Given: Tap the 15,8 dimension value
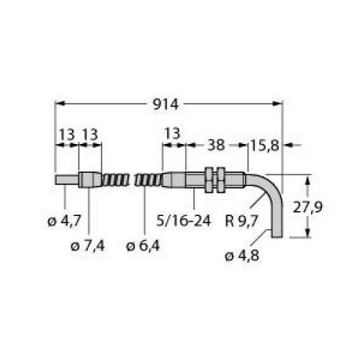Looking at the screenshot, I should (263, 145).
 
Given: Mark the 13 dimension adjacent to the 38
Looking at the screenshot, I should (173, 134).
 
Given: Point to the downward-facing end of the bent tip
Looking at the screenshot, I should (278, 235).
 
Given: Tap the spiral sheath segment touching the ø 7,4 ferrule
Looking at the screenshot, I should (113, 179).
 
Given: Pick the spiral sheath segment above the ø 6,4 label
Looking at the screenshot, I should (150, 179).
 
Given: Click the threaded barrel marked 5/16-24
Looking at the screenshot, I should (190, 180).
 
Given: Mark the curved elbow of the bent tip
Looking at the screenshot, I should (268, 189).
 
